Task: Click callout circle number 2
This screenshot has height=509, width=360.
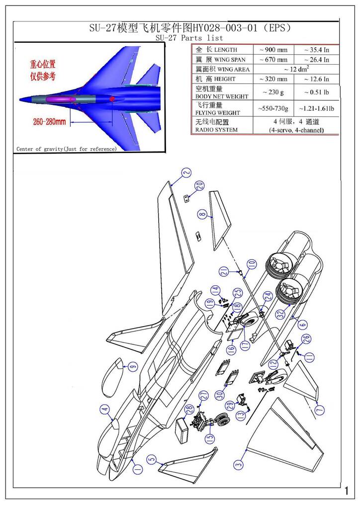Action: (x=186, y=173)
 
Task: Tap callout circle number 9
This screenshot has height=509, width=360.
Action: (x=132, y=367)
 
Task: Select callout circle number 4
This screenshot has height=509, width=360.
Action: (x=104, y=410)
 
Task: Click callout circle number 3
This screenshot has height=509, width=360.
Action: (x=240, y=464)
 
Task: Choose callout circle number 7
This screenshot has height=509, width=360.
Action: (x=319, y=409)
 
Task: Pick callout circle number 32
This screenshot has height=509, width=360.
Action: (x=280, y=314)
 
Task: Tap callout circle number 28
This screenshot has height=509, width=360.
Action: (x=189, y=409)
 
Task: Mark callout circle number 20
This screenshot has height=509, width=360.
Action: (x=199, y=185)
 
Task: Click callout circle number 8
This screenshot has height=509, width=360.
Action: (x=202, y=215)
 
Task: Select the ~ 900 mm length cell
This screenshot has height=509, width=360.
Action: (x=273, y=50)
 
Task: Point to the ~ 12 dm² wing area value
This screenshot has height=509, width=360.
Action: (x=294, y=69)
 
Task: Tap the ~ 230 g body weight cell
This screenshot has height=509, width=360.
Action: (x=273, y=92)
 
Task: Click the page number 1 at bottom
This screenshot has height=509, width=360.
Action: (x=346, y=491)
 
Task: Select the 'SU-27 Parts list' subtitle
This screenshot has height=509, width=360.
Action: (x=189, y=38)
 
